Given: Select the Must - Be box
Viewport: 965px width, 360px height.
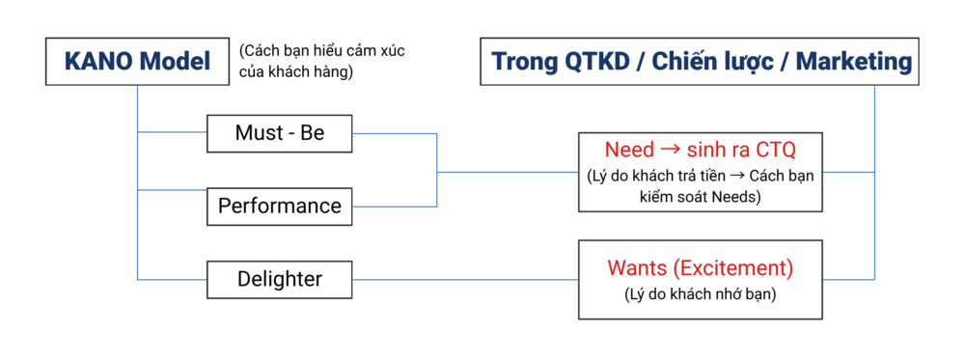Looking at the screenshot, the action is (280, 133).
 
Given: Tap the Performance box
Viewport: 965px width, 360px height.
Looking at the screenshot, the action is (280, 205).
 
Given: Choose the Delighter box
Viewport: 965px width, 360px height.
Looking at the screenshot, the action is (280, 279).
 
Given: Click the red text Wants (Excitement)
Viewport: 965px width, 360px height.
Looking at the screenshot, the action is (701, 269).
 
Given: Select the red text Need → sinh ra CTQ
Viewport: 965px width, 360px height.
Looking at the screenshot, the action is (701, 150).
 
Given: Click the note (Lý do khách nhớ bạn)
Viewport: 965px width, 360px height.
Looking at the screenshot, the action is (701, 294).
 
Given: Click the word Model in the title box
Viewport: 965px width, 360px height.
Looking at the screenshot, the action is (178, 62).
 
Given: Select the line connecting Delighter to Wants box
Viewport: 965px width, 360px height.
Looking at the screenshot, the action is (465, 280).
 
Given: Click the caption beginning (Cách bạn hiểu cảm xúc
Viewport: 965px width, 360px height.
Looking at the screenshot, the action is (322, 60).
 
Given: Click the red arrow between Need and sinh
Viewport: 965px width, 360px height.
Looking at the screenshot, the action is (669, 151).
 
